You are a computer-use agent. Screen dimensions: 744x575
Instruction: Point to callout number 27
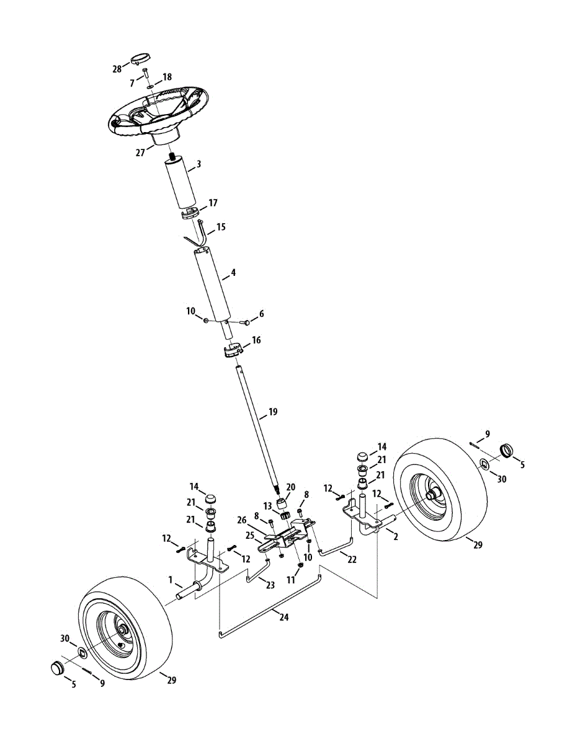click(x=141, y=151)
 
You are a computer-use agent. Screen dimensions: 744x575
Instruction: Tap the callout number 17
click(x=213, y=203)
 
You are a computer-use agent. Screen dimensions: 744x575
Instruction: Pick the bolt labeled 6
click(x=244, y=322)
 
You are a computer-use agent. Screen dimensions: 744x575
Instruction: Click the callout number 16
click(x=256, y=340)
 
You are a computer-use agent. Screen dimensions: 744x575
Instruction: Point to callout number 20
click(x=291, y=487)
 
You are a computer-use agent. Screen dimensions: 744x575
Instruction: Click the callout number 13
click(x=268, y=507)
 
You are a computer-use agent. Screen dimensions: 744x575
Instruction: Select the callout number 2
click(x=396, y=537)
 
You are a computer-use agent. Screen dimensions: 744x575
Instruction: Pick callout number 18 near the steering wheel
click(x=167, y=77)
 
